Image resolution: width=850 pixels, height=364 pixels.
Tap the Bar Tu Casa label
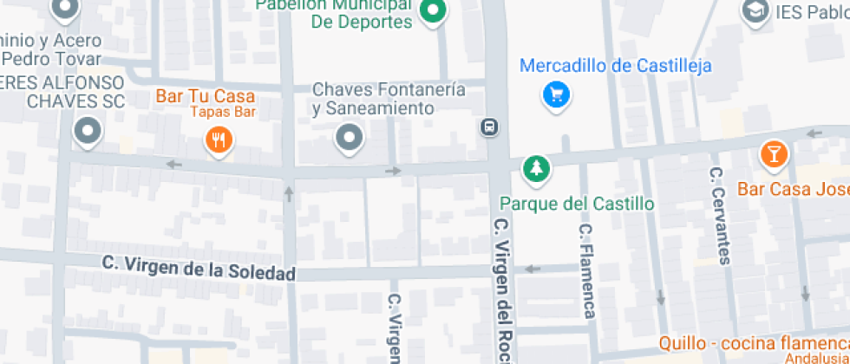tap(206, 95)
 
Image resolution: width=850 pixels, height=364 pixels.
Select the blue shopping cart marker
tap(556, 94)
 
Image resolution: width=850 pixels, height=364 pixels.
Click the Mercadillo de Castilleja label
tap(616, 66)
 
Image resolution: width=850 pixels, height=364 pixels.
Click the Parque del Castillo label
tap(576, 205)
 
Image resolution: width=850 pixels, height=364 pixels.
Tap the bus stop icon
tap(489, 127)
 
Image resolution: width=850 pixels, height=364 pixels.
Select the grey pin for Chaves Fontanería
tap(350, 137)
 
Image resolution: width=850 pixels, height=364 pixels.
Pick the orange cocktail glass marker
tap(772, 154)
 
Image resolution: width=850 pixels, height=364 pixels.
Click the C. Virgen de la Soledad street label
tap(199, 267)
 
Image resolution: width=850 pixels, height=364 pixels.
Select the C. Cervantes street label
tap(719, 215)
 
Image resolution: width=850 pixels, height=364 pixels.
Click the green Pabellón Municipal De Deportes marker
tap(432, 11)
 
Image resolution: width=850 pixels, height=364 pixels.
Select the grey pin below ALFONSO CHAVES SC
tap(87, 133)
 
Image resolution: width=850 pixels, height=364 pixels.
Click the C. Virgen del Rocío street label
tap(500, 289)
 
